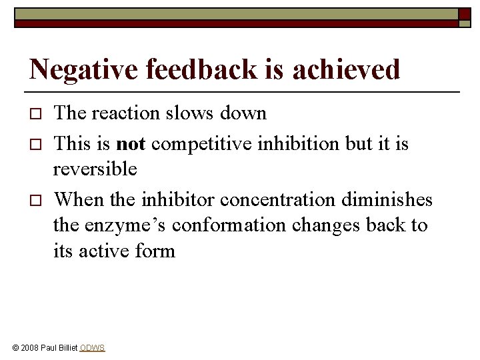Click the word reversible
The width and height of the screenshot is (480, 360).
coord(95,169)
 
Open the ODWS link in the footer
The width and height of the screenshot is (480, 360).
coord(92,348)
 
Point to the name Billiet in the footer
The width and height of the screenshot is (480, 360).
coord(67,348)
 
